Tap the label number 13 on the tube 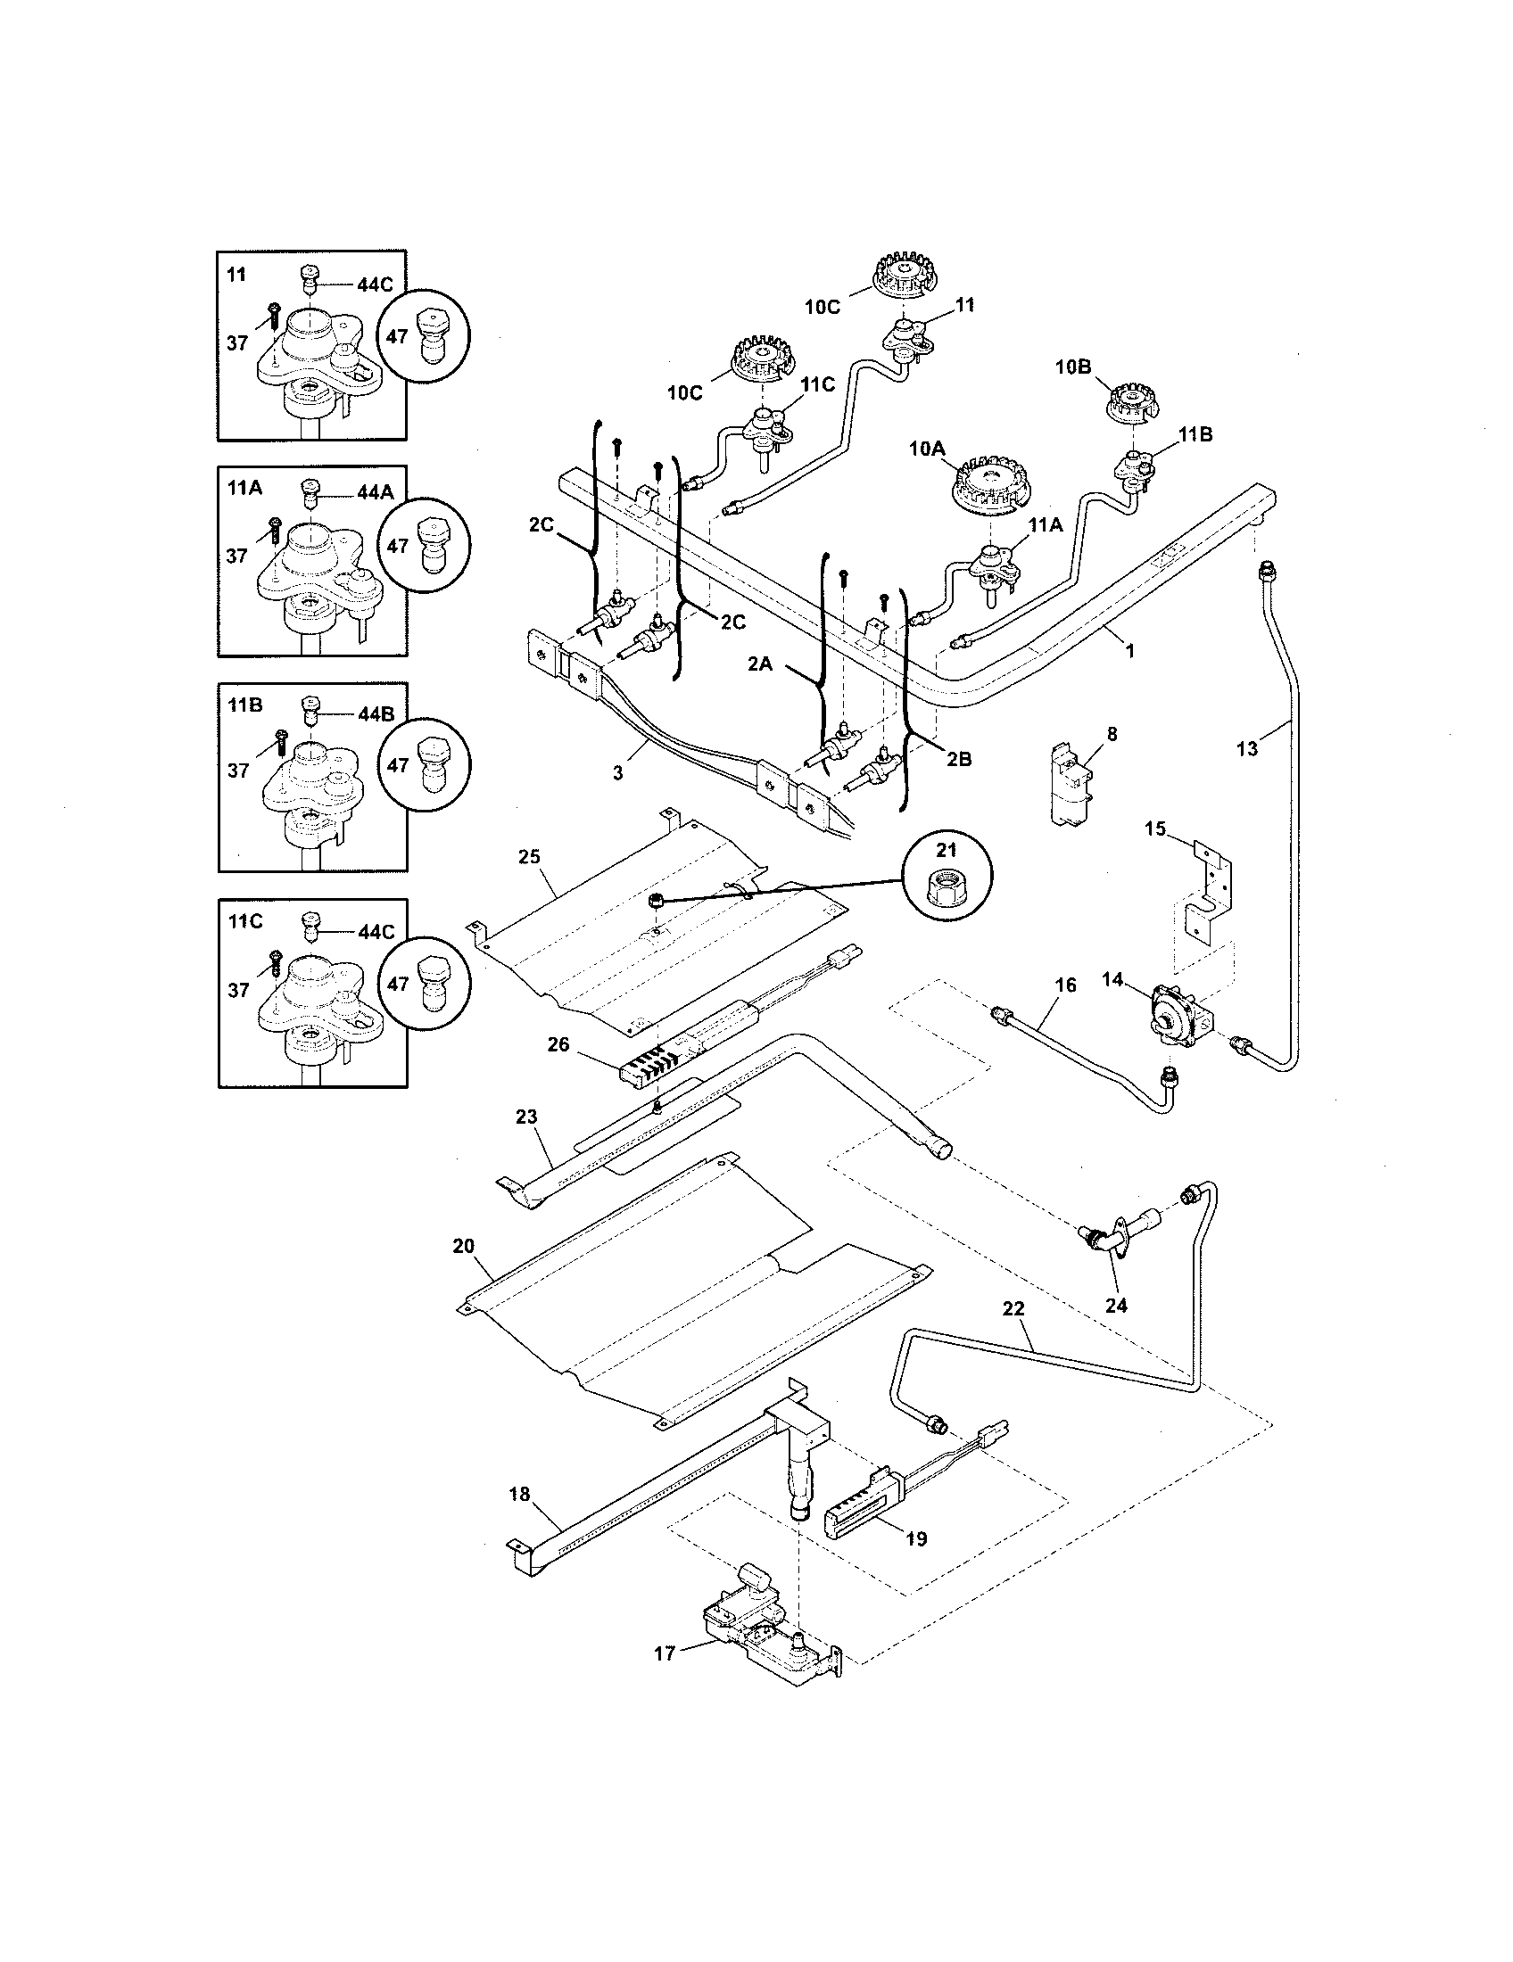[x=1246, y=748]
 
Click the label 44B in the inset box [x=375, y=715]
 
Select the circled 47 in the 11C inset [x=424, y=984]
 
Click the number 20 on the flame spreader [x=464, y=1246]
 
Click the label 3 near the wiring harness [x=617, y=772]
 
